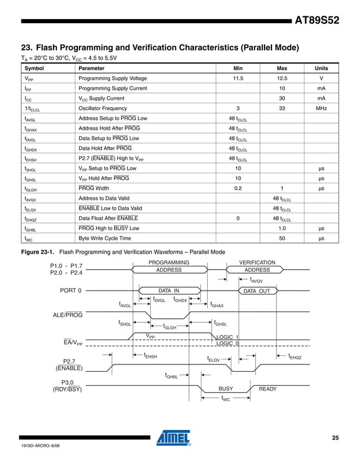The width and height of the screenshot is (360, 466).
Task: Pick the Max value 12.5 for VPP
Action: (282, 78)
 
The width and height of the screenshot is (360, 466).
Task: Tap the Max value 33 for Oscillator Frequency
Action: (282, 108)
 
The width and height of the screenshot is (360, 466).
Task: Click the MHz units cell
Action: (321, 108)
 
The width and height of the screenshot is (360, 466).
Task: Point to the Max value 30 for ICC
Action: (282, 98)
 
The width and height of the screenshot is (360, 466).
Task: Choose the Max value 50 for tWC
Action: (282, 239)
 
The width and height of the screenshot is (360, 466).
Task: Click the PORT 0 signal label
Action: (71, 291)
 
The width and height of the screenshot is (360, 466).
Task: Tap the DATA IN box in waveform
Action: (168, 291)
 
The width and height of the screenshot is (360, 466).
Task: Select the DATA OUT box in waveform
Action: (257, 291)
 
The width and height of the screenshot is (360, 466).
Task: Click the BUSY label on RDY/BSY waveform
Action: (226, 389)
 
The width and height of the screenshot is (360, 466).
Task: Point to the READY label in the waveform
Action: (267, 389)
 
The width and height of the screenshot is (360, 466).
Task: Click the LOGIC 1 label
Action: (228, 337)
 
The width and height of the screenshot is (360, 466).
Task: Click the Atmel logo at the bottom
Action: (174, 438)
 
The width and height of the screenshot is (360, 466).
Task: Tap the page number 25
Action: (335, 438)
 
